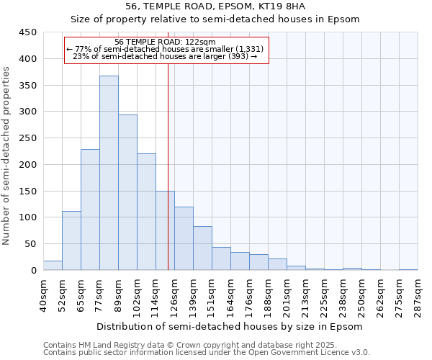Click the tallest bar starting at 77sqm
point(109,173)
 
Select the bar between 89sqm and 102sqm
point(127,192)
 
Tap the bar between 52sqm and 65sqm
point(71,240)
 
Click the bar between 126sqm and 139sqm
point(184,238)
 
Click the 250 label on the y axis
point(29,138)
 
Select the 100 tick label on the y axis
point(29,217)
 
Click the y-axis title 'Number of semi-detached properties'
point(7,156)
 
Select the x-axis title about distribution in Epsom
point(230,326)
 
